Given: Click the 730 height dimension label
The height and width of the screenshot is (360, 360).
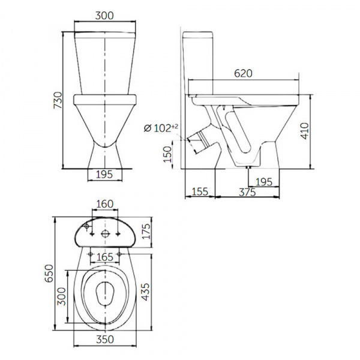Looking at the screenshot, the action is click(x=58, y=100).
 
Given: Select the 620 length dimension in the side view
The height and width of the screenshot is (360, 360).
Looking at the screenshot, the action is click(x=243, y=73).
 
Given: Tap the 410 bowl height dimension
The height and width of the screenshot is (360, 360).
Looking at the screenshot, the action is click(x=305, y=131).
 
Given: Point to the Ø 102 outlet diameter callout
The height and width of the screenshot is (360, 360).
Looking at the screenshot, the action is click(x=161, y=128).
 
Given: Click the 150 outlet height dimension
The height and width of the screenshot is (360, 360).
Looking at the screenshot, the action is click(x=167, y=154).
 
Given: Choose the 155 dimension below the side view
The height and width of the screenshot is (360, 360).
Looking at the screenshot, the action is click(x=200, y=192).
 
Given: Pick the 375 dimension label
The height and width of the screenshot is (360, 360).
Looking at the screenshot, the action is click(x=247, y=192).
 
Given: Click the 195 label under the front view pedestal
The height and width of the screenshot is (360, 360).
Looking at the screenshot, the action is click(x=104, y=175).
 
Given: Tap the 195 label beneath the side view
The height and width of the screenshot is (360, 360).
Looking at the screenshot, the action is click(x=264, y=182).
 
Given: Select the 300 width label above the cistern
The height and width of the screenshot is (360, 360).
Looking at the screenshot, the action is click(x=104, y=16).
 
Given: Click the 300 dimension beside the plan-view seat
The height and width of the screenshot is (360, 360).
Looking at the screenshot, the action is click(x=62, y=296).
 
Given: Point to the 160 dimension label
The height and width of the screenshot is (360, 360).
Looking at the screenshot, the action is click(x=104, y=204).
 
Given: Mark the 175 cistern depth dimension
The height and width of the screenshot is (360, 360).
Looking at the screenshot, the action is click(x=146, y=231).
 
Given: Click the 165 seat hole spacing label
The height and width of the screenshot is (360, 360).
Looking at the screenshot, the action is click(x=105, y=257).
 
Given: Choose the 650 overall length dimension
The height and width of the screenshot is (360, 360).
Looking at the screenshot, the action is click(x=49, y=273).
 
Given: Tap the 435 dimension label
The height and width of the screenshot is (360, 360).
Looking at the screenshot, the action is click(x=145, y=292).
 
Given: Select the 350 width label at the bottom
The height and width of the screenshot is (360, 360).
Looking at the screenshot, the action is click(x=105, y=340).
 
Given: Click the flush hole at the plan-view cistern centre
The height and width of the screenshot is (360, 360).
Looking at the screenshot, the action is click(x=105, y=234).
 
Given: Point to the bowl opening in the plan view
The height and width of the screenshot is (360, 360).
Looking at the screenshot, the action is click(x=105, y=294).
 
